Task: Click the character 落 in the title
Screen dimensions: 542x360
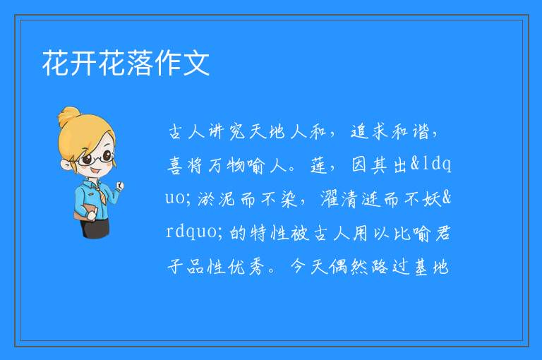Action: click(x=140, y=63)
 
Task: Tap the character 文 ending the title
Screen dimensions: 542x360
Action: click(x=196, y=63)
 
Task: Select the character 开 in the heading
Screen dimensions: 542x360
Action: click(x=84, y=63)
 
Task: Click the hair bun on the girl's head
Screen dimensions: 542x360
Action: click(x=68, y=116)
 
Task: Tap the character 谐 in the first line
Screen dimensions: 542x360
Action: click(x=421, y=131)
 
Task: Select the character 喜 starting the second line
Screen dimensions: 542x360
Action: click(x=175, y=165)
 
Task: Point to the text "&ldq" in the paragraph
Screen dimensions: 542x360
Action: click(x=430, y=164)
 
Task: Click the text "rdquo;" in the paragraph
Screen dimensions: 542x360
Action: click(x=194, y=232)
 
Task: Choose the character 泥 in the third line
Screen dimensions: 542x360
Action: click(x=227, y=199)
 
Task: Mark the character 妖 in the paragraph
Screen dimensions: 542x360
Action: click(x=432, y=199)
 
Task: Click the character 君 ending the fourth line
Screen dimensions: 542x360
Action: click(x=442, y=232)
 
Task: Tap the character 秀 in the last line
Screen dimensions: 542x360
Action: click(x=256, y=267)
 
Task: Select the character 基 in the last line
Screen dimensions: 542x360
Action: click(x=421, y=267)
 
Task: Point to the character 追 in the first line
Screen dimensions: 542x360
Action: click(x=360, y=131)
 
